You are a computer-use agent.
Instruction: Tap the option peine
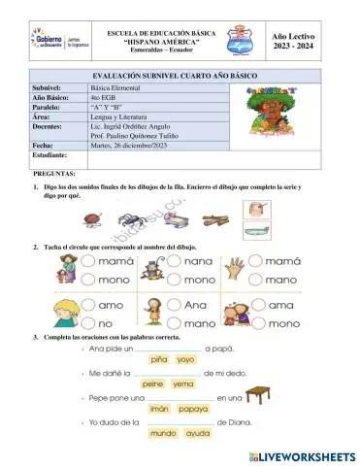tap(153, 383)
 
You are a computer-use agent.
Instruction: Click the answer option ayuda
tap(198, 433)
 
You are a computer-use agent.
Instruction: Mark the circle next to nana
tap(176, 262)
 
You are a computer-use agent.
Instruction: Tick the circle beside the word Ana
tap(176, 304)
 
